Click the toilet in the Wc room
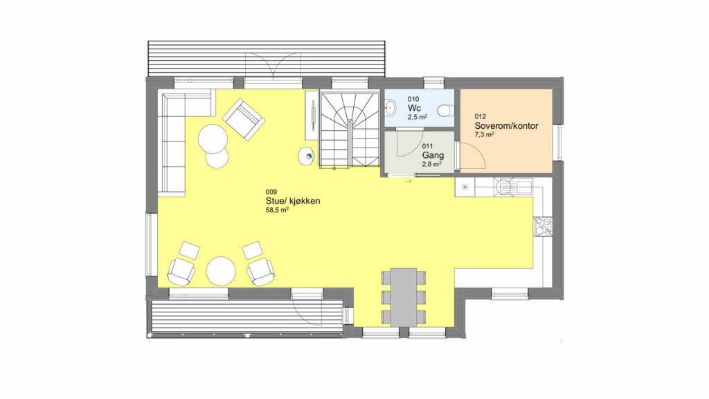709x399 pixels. [445, 110]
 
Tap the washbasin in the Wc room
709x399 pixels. [390, 107]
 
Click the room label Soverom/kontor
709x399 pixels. [506, 126]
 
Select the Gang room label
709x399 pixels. [433, 155]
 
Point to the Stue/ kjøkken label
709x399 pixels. [293, 201]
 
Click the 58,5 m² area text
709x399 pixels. [277, 210]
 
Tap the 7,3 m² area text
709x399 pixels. [484, 134]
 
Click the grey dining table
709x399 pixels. [404, 296]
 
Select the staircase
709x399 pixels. [350, 129]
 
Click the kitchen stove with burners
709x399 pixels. [543, 227]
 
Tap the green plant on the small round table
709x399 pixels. [309, 157]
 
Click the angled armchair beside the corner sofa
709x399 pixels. [244, 119]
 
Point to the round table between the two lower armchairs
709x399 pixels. [221, 271]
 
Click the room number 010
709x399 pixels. [413, 99]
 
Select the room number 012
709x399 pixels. [481, 116]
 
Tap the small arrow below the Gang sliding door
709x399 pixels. [408, 181]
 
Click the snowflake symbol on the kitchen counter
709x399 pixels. [465, 186]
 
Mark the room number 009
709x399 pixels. [271, 192]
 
